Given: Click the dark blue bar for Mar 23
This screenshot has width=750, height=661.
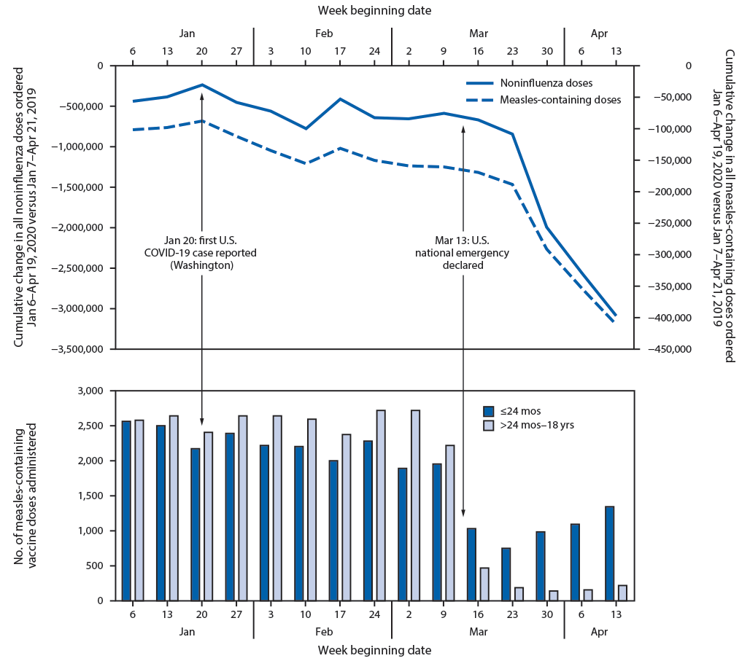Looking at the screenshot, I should (x=506, y=574).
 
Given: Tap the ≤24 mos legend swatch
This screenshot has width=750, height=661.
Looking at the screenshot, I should (x=489, y=410).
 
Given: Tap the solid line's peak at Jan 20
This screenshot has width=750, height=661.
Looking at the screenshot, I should (x=202, y=85).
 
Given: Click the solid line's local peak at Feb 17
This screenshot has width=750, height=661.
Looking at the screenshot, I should (x=340, y=99).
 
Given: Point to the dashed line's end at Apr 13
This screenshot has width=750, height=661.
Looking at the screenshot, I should (x=615, y=322).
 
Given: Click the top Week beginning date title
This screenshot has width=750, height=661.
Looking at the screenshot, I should (x=374, y=10).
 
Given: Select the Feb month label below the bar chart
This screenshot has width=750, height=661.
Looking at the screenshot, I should (x=323, y=632).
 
